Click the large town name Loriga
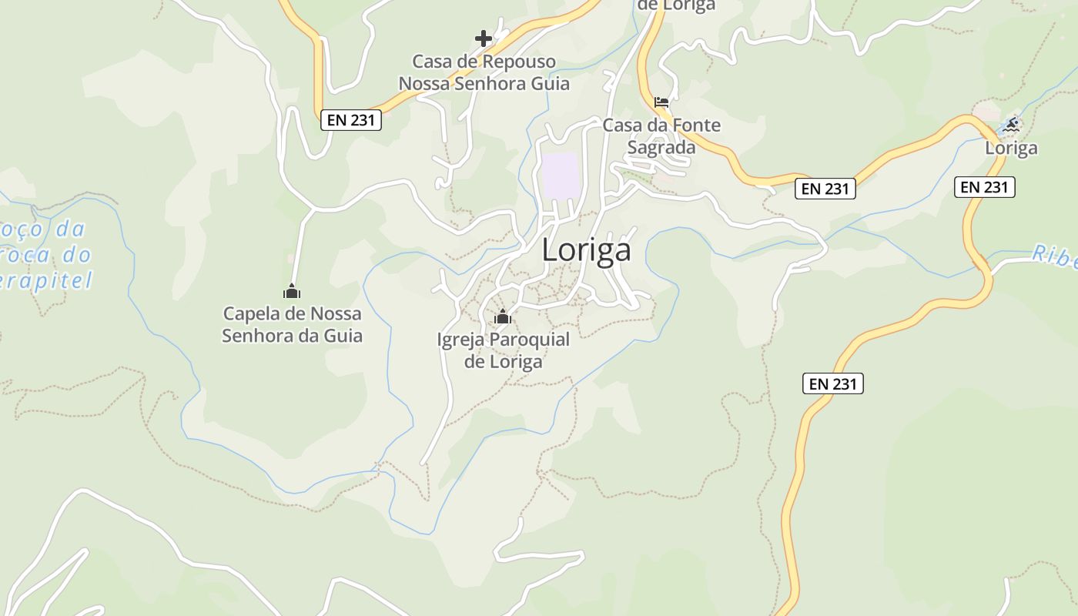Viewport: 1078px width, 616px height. [x=587, y=250]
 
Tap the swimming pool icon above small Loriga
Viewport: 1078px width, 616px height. [x=1012, y=124]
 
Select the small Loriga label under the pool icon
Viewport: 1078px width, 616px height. [x=1011, y=148]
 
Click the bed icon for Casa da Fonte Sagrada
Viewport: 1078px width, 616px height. [x=661, y=102]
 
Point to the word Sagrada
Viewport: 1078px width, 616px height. [x=661, y=147]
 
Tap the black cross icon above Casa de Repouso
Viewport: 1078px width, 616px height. [x=483, y=38]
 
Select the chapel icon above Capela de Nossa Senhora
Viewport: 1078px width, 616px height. [x=292, y=291]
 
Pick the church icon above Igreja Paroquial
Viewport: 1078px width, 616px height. [x=503, y=316]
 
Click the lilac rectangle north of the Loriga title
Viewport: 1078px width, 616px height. [x=560, y=175]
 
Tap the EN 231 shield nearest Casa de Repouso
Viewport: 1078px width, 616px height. [x=351, y=120]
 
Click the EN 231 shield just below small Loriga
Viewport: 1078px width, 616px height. [x=985, y=186]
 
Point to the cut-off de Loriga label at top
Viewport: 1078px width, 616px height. [x=676, y=6]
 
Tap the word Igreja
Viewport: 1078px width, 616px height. [x=460, y=340]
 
